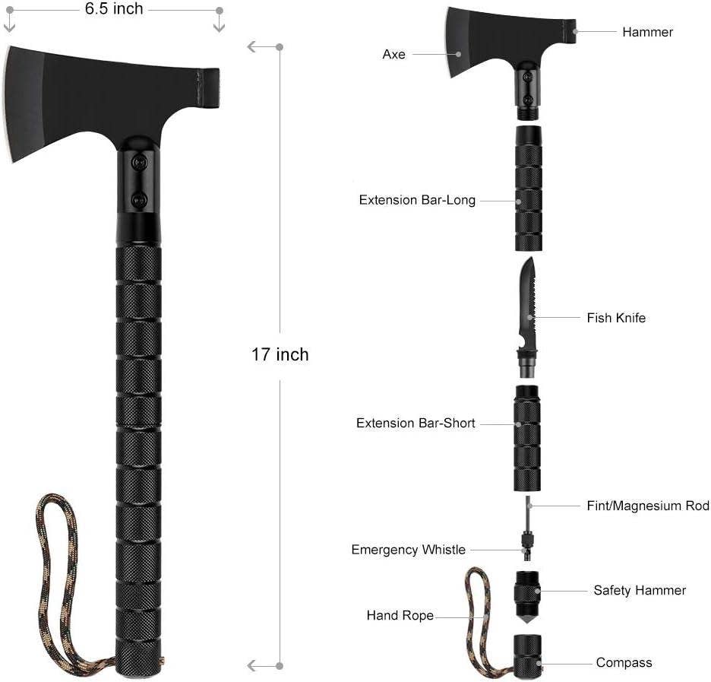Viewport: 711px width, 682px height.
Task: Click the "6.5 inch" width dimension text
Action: [x=114, y=9]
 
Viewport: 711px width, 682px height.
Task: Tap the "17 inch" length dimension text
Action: [x=280, y=354]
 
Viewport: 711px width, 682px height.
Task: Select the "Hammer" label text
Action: [x=647, y=32]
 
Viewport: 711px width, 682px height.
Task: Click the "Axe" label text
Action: [x=393, y=55]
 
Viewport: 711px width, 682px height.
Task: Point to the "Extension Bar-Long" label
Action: [x=417, y=201]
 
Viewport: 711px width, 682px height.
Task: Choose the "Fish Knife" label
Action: [x=616, y=318]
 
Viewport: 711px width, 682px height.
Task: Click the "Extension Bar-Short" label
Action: [x=416, y=423]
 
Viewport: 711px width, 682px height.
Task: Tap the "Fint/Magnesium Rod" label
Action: [x=648, y=506]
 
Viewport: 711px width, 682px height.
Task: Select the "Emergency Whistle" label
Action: [x=408, y=550]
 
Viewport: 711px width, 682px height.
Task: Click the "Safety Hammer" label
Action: [x=640, y=590]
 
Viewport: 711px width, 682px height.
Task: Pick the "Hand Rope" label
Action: [x=400, y=615]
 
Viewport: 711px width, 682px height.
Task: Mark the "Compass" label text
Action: [x=624, y=663]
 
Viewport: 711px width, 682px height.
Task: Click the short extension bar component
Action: [x=528, y=437]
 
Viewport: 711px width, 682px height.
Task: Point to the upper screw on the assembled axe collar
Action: [x=138, y=162]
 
